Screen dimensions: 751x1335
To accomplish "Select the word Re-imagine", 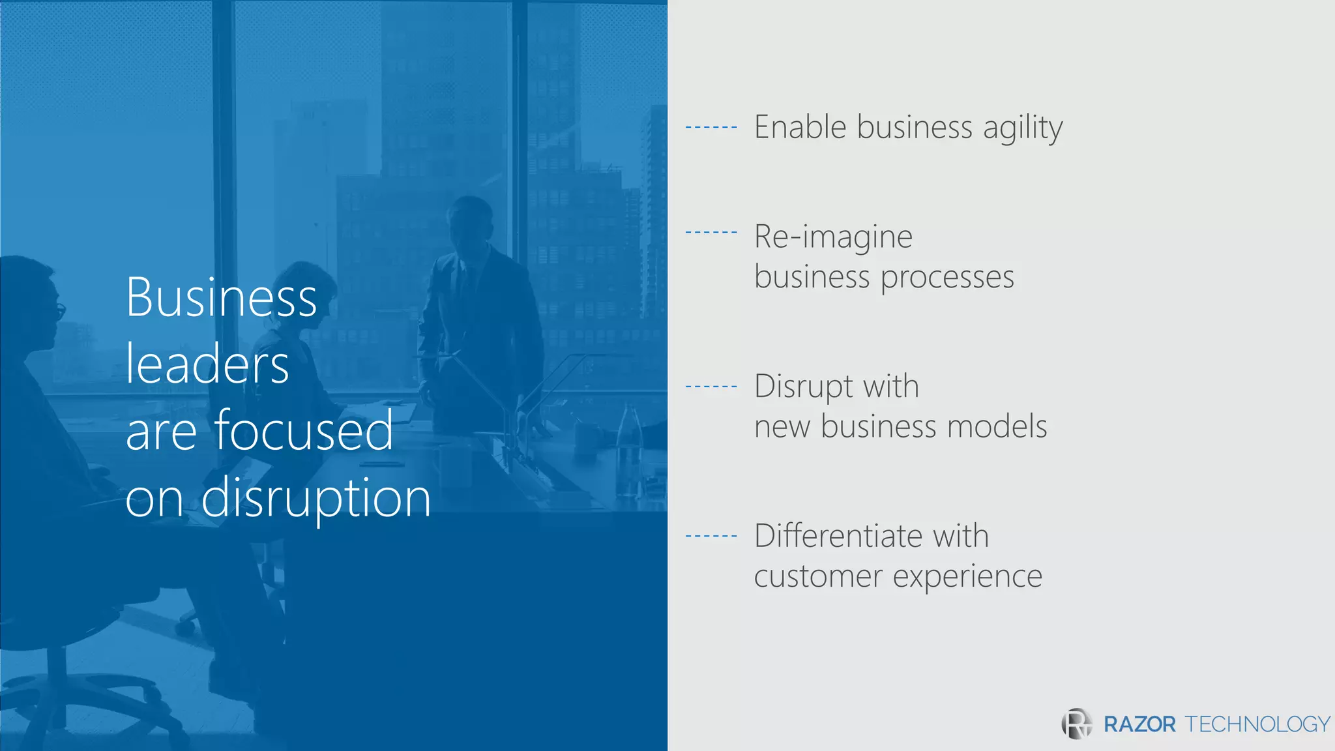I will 833,237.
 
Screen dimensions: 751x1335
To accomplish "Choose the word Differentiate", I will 838,536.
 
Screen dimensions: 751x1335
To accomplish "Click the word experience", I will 967,577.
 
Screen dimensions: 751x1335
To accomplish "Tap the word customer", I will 818,577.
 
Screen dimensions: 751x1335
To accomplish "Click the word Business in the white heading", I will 222,297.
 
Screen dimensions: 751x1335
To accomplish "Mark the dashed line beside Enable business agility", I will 711,127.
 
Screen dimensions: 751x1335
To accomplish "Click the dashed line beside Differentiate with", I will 711,537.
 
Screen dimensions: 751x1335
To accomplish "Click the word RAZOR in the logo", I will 1139,724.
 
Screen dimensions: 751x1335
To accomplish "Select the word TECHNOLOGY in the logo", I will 1257,724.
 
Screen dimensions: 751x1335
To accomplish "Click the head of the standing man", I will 469,222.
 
